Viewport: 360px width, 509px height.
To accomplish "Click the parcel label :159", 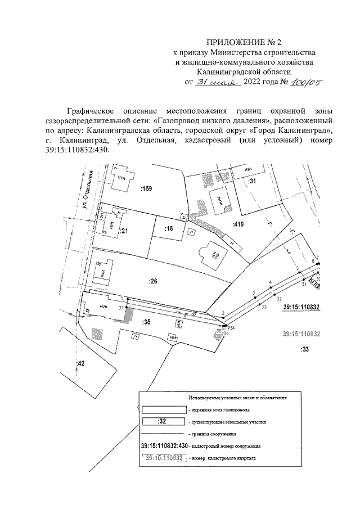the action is tap(147, 189).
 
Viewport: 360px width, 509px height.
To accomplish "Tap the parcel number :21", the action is tap(124, 231).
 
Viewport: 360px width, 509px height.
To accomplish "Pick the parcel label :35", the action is tap(147, 322).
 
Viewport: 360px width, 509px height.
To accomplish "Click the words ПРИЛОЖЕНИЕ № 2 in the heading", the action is tap(244, 43).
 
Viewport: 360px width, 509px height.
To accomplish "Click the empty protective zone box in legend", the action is tap(162, 409).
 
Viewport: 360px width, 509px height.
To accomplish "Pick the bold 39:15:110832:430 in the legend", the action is tap(163, 445).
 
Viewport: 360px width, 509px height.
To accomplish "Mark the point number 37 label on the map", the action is tap(120, 308).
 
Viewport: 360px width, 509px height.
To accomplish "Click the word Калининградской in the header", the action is tap(244, 72).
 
